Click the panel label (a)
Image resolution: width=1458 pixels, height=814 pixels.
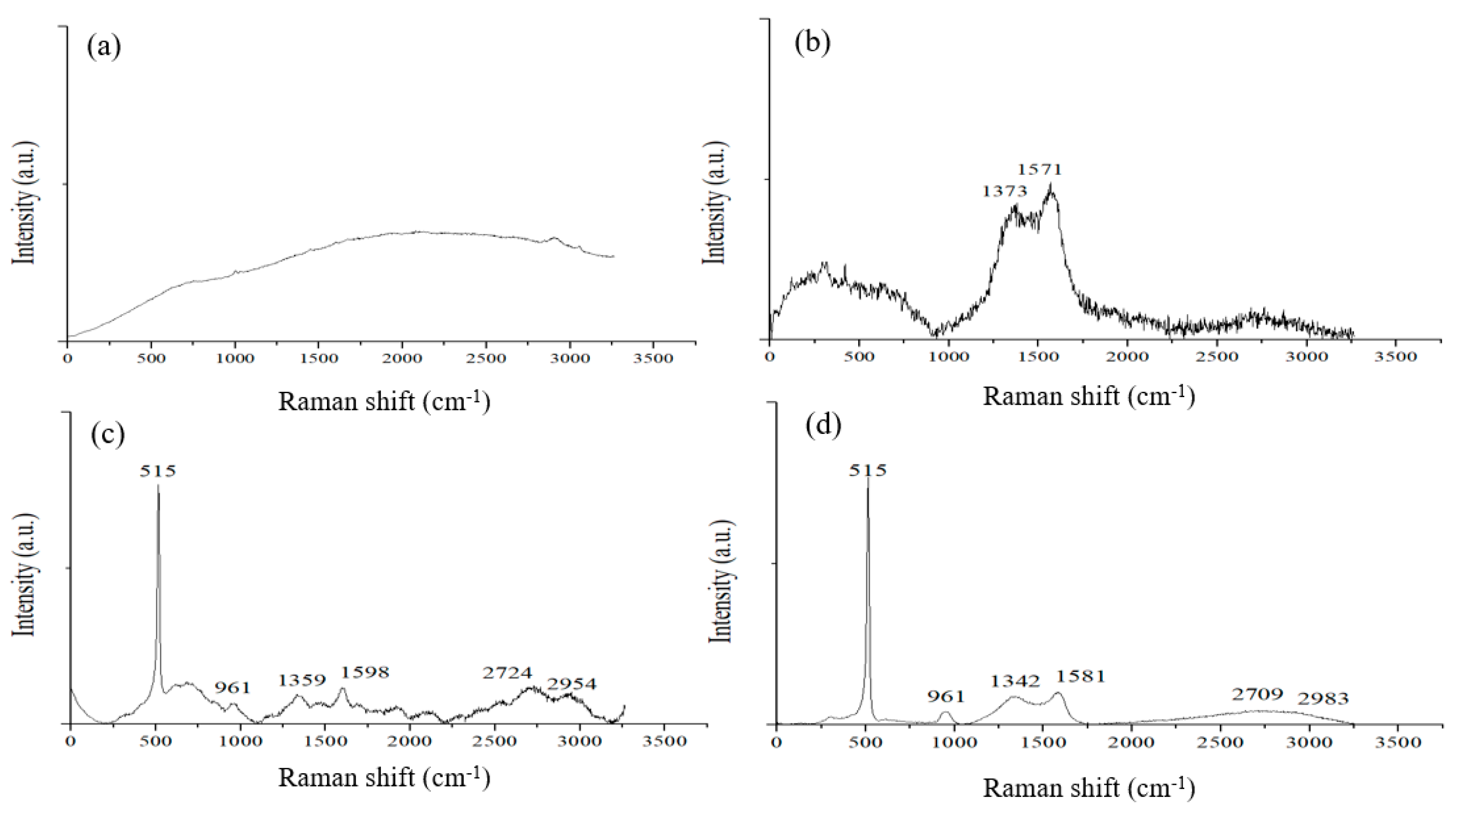(x=103, y=47)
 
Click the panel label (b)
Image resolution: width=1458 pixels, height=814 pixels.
(x=813, y=43)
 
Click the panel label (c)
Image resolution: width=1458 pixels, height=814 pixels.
(x=108, y=434)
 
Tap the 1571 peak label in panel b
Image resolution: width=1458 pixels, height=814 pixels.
(x=1040, y=169)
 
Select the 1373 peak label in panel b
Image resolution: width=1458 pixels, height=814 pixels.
(x=1005, y=191)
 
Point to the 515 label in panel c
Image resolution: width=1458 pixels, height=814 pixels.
(x=159, y=471)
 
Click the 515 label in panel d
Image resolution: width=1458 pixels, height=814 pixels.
(x=868, y=470)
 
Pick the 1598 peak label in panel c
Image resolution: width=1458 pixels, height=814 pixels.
(x=365, y=672)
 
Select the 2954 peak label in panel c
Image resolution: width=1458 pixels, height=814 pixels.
(x=572, y=684)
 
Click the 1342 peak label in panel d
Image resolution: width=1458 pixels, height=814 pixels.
(x=1015, y=681)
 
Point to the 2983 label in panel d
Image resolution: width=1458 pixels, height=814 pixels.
(x=1323, y=699)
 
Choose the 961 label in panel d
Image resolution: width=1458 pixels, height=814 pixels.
(x=946, y=697)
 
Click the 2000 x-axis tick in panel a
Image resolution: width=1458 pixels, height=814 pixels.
(x=402, y=359)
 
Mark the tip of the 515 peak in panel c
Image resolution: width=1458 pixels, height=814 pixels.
(x=159, y=485)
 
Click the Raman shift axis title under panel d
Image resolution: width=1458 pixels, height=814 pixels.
(x=1089, y=788)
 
